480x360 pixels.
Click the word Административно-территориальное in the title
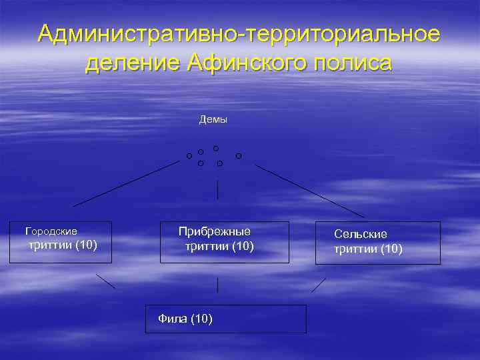pyautogui.click(x=239, y=33)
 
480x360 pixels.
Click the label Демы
pyautogui.click(x=213, y=119)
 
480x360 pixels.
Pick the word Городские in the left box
pyautogui.click(x=51, y=231)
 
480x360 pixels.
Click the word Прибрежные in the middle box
pyautogui.click(x=215, y=231)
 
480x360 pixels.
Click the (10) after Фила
pyautogui.click(x=201, y=319)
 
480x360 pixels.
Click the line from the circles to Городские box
pyautogui.click(x=127, y=183)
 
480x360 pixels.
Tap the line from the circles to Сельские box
pyautogui.click(x=309, y=191)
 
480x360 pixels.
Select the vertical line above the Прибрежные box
pyautogui.click(x=217, y=190)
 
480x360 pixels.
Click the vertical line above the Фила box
pyautogui.click(x=217, y=285)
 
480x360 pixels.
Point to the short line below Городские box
pyautogui.click(x=105, y=281)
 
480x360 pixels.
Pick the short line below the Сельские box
pyautogui.click(x=319, y=285)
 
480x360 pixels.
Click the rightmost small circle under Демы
pyautogui.click(x=239, y=156)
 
